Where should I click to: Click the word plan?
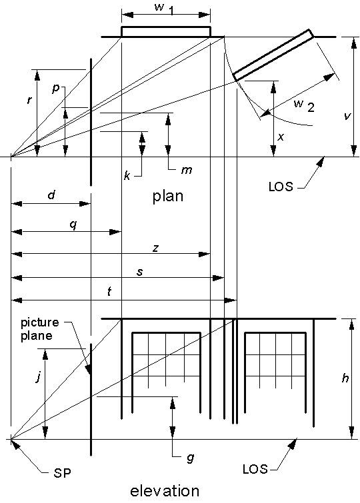coord(168,197)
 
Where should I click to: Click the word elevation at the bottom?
coord(165,491)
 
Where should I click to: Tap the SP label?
coord(62,473)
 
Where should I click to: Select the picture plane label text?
coord(40,329)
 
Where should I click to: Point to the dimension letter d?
coord(51,195)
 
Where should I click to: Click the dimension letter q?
coord(73,225)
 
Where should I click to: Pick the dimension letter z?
coord(156,249)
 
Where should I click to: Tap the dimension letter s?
coord(140,272)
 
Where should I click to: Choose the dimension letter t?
coord(109,292)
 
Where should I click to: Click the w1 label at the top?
coord(164,9)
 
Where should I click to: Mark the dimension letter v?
coord(347,116)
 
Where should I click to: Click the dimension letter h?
coord(345,378)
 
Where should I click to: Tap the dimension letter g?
coord(191,458)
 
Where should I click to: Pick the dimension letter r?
coord(29,101)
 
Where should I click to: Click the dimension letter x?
coord(281,137)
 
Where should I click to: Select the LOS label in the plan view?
coord(281,187)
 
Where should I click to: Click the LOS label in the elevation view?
coord(255,469)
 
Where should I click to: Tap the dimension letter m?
coord(187,170)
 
